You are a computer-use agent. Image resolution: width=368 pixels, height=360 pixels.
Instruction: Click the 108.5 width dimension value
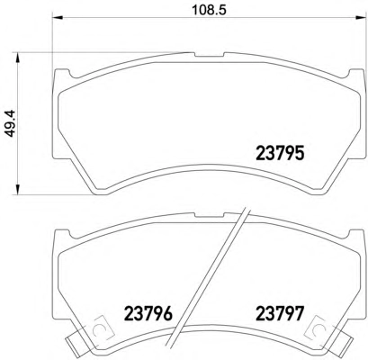tap(209, 10)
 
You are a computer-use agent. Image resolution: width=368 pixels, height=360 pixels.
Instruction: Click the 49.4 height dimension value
tap(11, 123)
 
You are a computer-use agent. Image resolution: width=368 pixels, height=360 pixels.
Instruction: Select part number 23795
tap(280, 153)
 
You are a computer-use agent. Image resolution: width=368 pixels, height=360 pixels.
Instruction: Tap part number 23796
tap(148, 313)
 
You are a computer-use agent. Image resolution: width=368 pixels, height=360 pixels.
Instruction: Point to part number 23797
tap(280, 313)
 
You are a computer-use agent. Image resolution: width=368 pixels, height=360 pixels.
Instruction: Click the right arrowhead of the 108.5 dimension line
tap(361, 17)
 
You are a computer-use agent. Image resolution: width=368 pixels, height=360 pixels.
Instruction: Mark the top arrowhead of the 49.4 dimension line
tap(18, 58)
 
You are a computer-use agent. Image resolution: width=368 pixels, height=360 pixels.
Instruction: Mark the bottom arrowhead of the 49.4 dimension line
tap(18, 189)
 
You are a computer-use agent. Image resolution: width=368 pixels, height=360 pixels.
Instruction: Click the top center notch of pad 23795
tap(209, 55)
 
